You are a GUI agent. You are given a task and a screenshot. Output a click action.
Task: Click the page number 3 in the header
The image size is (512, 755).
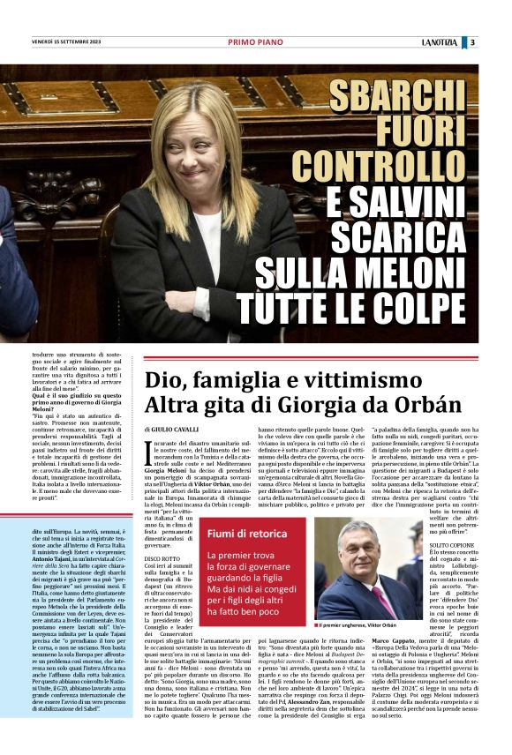(497, 41)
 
